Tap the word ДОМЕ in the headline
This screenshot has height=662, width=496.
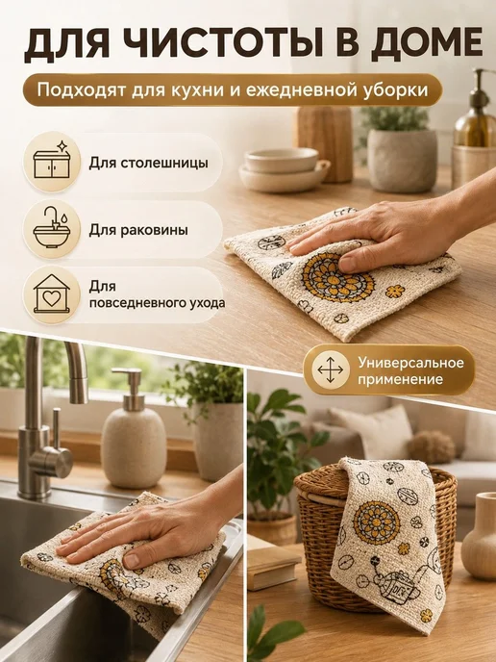[427, 45]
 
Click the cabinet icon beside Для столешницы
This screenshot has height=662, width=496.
[52, 162]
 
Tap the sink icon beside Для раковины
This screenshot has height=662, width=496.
[51, 227]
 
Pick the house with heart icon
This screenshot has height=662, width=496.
[52, 293]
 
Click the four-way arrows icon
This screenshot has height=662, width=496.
[331, 369]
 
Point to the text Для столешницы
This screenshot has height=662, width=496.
[148, 163]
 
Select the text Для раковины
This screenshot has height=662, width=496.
[138, 231]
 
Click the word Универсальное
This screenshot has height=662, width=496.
[411, 363]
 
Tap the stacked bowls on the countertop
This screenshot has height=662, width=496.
[284, 169]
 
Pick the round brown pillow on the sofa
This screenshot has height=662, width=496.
[431, 446]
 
